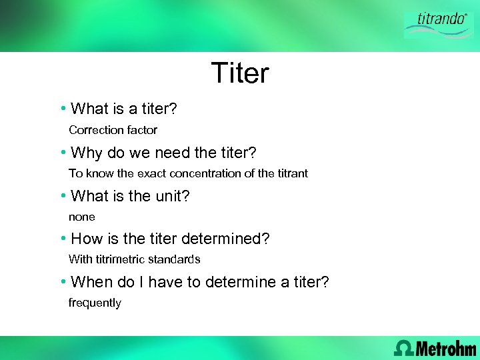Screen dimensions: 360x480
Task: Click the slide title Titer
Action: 240,73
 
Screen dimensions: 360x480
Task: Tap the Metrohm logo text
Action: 446,347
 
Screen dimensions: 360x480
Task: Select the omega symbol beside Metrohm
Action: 404,347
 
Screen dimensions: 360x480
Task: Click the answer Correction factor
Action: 113,130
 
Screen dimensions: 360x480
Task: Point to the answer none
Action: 82,217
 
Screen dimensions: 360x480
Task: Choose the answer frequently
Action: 95,303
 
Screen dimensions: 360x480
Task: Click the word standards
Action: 177,259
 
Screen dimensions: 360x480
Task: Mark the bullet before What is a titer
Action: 62,108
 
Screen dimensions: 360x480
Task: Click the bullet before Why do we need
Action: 62,153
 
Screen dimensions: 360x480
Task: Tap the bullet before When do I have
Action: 62,282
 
